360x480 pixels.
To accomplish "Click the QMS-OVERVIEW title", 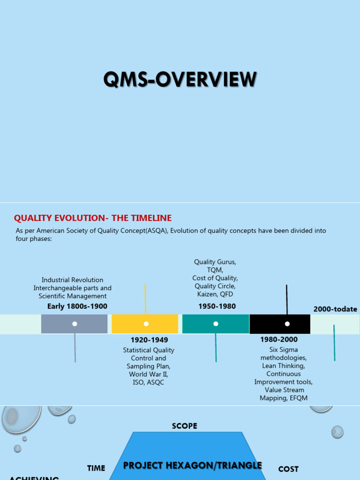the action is pos(180,80).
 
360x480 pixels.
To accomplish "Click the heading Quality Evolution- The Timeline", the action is pos(93,218).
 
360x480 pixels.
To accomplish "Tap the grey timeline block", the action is pos(75,324).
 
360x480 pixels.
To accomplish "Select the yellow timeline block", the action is pos(145,324).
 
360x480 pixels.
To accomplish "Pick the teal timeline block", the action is pos(216,324).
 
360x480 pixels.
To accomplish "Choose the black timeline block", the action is pos(280,324).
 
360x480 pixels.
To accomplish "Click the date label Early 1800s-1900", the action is pos(77,307).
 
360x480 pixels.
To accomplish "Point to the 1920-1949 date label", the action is pos(149,340).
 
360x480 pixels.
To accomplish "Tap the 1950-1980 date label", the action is pos(217,307).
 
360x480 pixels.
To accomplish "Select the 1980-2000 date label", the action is pos(279,339).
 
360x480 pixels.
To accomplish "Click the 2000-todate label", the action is pos(335,309).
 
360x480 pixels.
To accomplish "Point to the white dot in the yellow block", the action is pos(146,324).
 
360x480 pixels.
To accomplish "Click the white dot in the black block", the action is pos(287,324).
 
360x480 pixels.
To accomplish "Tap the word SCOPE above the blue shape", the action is pos(185,426).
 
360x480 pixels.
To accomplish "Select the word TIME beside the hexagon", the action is pos(96,468).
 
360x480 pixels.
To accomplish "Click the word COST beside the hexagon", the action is pos(288,469).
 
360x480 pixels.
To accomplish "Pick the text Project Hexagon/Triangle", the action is pos(193,465).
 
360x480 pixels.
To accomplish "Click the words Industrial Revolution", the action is pos(73,280).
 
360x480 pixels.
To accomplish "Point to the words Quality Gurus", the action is pos(215,262).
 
